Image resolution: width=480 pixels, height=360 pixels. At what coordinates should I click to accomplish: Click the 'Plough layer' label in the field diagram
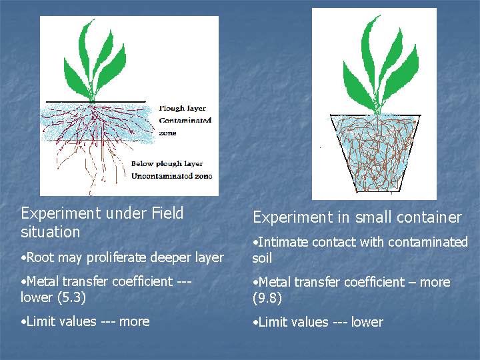click(183, 109)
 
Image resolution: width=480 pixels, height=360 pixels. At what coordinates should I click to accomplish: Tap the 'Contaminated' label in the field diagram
click(185, 120)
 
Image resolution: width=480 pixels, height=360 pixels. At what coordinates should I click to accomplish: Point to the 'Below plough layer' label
click(167, 164)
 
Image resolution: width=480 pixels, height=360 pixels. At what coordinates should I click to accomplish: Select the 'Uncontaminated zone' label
click(172, 176)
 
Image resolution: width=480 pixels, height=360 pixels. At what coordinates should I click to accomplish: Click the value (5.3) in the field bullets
click(71, 297)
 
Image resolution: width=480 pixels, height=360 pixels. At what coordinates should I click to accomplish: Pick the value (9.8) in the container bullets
click(267, 298)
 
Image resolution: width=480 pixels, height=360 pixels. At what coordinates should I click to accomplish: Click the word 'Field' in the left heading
click(167, 213)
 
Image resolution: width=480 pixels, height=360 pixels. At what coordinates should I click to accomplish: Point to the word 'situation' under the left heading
click(51, 232)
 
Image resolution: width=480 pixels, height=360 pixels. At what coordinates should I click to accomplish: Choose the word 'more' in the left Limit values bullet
click(135, 322)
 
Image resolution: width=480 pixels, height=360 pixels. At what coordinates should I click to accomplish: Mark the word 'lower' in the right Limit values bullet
click(367, 322)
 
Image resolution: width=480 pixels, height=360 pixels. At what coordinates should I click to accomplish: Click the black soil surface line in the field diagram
click(96, 101)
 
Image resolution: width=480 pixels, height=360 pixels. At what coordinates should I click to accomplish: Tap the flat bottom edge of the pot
click(379, 191)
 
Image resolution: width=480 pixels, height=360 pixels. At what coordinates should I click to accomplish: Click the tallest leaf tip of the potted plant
click(380, 15)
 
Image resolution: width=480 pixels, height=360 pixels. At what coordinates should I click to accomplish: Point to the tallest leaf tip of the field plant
click(94, 19)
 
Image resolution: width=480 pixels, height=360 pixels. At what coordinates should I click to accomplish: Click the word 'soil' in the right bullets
click(262, 258)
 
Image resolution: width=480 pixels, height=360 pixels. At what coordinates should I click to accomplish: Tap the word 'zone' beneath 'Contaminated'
click(167, 133)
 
